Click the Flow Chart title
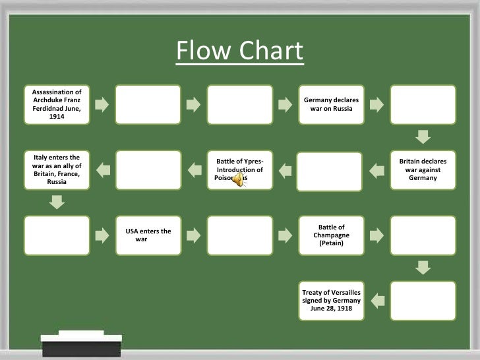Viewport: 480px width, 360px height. (239, 51)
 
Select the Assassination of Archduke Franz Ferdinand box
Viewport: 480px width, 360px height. (57, 104)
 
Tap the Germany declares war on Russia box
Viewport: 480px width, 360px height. (332, 104)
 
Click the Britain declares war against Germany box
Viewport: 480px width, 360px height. (423, 170)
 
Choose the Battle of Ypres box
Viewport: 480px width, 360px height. (240, 170)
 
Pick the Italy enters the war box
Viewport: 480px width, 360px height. (57, 170)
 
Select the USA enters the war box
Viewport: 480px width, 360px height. (148, 235)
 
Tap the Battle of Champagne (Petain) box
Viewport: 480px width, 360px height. (332, 235)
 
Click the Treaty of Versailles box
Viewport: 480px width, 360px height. (332, 300)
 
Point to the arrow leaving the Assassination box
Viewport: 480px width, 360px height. (102, 104)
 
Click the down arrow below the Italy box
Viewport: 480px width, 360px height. (57, 203)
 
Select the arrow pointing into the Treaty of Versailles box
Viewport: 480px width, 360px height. (377, 301)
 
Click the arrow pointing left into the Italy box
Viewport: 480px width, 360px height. (102, 171)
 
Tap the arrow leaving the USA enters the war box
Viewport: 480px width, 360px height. (194, 235)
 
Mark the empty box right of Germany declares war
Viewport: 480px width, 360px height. (423, 104)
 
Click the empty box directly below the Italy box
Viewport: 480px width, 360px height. (57, 235)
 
